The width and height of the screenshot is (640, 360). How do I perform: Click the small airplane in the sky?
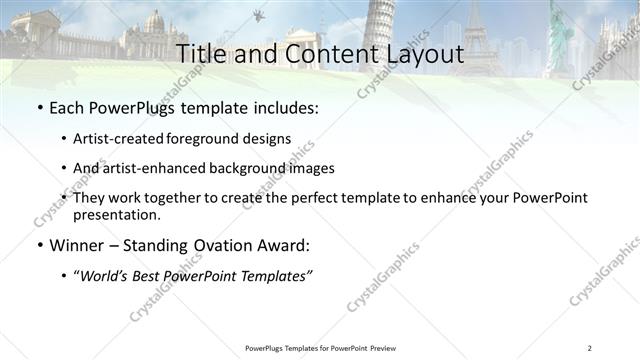tap(258, 14)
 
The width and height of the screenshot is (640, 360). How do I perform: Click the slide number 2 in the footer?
tap(590, 348)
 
